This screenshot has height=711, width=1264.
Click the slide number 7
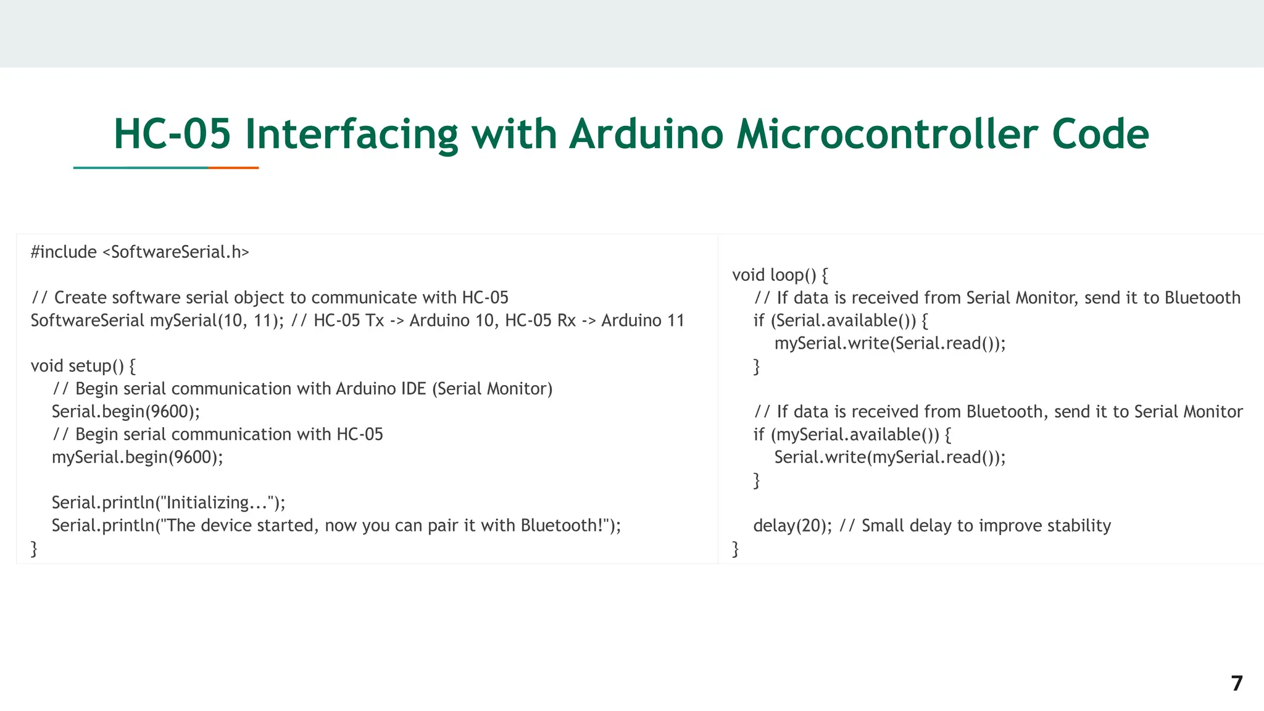click(1236, 683)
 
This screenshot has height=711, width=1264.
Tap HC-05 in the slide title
click(172, 134)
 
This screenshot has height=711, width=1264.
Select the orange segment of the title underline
click(233, 167)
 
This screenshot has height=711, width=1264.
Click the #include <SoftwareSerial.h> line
click(140, 252)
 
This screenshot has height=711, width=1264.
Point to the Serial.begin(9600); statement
click(126, 411)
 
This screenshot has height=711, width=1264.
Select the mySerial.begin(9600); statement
click(137, 457)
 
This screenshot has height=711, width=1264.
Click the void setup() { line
click(83, 366)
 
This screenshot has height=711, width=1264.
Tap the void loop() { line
click(780, 275)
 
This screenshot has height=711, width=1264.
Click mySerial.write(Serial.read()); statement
click(889, 343)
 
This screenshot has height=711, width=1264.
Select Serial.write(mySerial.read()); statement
click(889, 457)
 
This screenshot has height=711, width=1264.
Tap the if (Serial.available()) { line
click(841, 320)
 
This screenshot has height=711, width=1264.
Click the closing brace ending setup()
click(34, 548)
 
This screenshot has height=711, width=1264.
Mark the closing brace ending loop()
click(735, 548)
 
